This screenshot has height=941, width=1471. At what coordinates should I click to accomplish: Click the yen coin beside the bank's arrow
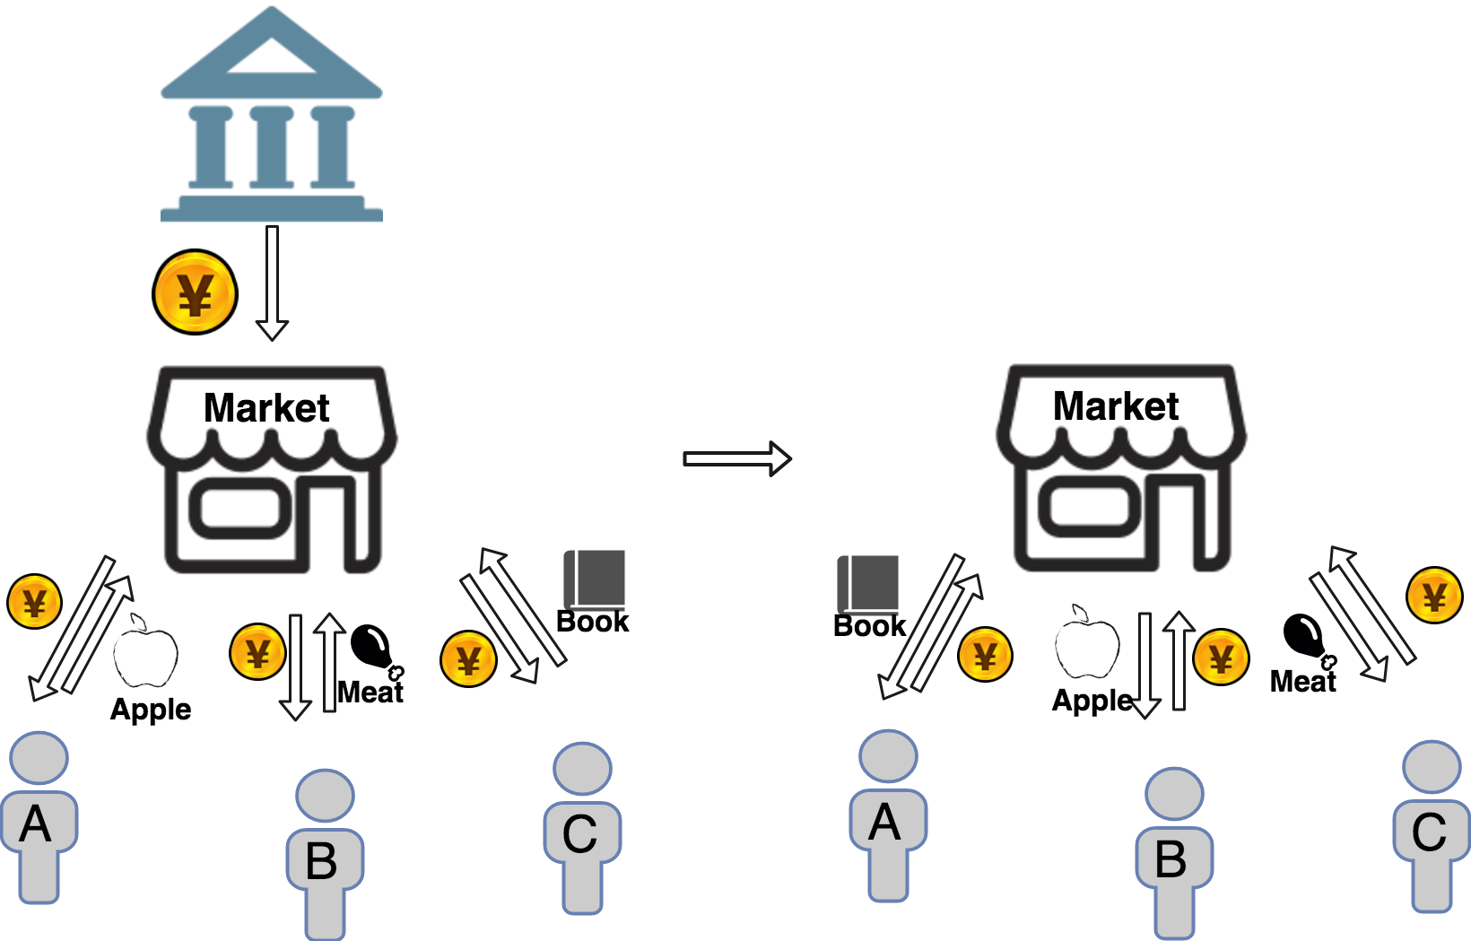coord(195,292)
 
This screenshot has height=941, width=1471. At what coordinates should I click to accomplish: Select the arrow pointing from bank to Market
coord(272,283)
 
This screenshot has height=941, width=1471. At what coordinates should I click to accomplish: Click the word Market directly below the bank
coord(266,408)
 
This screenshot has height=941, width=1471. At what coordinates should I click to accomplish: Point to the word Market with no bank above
coord(1115,406)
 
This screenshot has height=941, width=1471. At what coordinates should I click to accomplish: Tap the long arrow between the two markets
coord(736,458)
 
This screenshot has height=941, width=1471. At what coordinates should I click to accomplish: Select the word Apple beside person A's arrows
coord(151,710)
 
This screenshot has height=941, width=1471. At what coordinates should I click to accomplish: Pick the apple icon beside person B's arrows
coord(1087,643)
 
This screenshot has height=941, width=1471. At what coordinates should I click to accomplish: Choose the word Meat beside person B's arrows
coord(370,692)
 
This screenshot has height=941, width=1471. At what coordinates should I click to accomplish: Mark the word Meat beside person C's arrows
coord(1302,682)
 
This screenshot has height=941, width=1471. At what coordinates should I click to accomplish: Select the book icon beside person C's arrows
coord(594,579)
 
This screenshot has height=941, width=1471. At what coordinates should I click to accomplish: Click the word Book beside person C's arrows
coord(593,622)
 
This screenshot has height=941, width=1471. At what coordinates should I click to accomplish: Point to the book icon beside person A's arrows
coord(867,583)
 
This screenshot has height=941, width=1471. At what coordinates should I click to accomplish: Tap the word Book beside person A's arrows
coord(869,626)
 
